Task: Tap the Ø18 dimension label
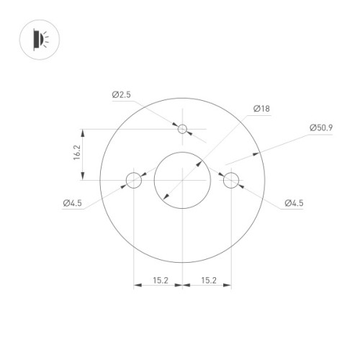pos(261,109)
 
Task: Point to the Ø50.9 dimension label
pos(321,127)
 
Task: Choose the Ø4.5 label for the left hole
pos(73,204)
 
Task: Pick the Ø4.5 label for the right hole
pos(294,204)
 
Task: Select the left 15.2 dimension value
pos(158,279)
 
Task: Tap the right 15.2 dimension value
pos(207,279)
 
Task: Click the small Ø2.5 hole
pos(183,130)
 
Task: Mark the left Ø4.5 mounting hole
pos(134,179)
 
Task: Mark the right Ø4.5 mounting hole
pos(231,179)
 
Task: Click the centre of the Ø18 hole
pos(183,179)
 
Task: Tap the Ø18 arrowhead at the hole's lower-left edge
pos(165,197)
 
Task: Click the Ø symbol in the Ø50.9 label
pos(312,127)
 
